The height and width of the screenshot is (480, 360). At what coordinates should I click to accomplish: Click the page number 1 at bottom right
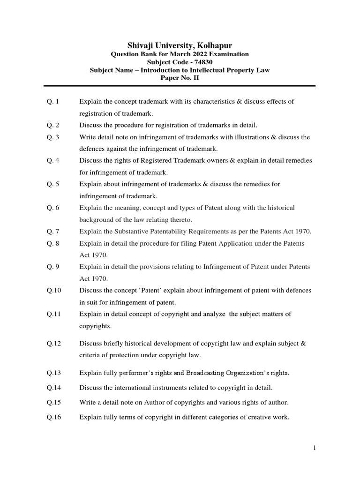(x=315, y=448)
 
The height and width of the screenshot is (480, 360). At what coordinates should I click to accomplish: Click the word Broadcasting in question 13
(x=205, y=373)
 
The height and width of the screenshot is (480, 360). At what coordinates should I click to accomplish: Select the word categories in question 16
(x=211, y=417)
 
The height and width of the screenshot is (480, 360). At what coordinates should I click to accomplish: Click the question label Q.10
(x=54, y=291)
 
